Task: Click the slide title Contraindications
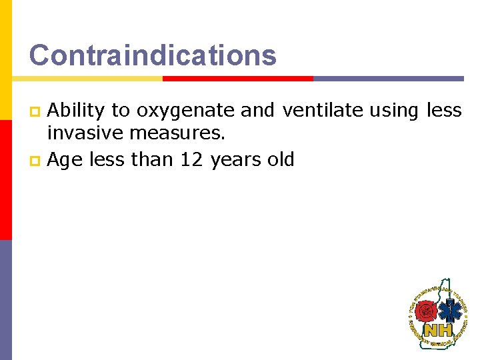pos(153,55)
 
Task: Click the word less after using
pos(444,111)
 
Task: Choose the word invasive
pos(85,133)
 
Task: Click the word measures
pos(177,133)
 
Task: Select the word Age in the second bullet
pos(63,160)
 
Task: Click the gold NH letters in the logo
pos(438,330)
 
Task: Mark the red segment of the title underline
pos(237,79)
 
